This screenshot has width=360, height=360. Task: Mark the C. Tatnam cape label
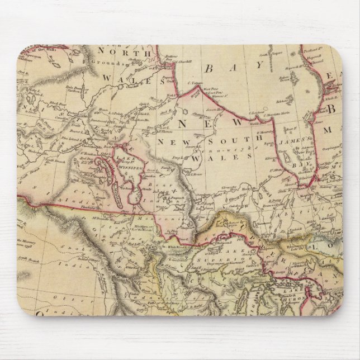click(197, 84)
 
